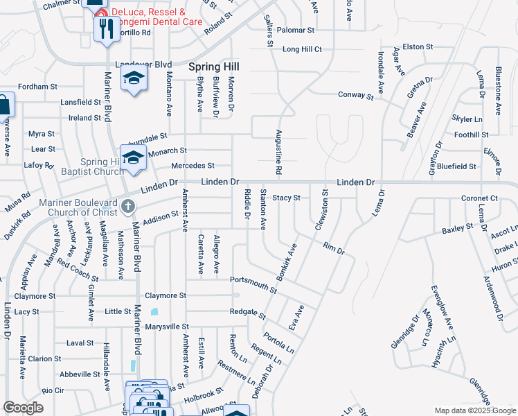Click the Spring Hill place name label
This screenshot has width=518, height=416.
[215, 67]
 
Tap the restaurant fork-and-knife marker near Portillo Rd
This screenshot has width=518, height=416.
[105, 28]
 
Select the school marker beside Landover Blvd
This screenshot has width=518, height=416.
[134, 78]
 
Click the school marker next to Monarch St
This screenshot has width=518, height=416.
[132, 157]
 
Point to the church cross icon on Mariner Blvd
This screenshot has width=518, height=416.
[128, 205]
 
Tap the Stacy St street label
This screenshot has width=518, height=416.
[286, 198]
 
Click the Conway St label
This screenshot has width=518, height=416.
[355, 96]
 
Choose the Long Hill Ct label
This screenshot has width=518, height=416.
[302, 49]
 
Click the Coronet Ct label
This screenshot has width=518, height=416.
[479, 198]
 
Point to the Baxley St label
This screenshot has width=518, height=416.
[457, 227]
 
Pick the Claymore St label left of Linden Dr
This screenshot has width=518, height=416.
[34, 296]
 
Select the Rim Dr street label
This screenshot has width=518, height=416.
[334, 248]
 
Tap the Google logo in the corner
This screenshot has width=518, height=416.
[23, 408]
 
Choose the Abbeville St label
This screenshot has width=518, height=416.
[80, 374]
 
